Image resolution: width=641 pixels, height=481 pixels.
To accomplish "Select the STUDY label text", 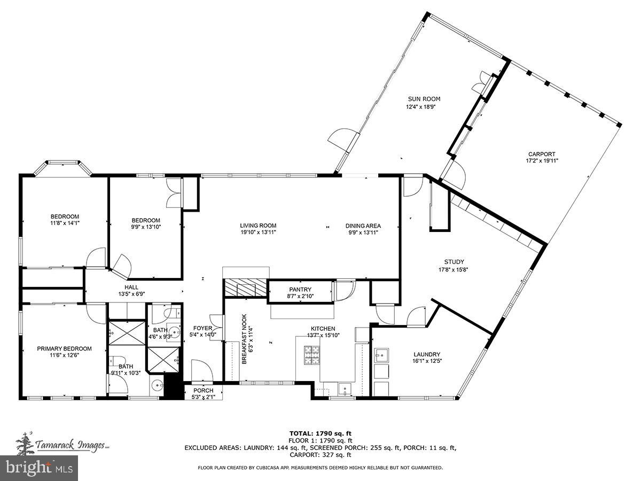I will click(x=454, y=262).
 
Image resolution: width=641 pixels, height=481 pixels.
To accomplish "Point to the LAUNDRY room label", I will click(x=427, y=354).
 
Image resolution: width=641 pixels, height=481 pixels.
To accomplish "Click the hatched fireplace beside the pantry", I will click(x=244, y=288).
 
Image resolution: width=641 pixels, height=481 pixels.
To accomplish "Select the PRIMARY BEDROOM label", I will click(x=64, y=348).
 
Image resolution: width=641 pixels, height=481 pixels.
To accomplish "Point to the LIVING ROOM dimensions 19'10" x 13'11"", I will click(x=258, y=232).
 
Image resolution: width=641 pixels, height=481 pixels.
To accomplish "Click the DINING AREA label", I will click(x=363, y=226).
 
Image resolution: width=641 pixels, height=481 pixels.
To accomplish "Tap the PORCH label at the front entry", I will click(x=203, y=391).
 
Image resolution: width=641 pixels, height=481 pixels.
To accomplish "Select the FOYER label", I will click(x=203, y=328).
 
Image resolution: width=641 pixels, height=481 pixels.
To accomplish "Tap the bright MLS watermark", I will click(x=39, y=468).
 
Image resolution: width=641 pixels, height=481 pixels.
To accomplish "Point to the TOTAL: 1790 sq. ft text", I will click(x=320, y=433).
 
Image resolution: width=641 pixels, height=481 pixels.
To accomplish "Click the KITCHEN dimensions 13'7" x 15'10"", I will click(x=323, y=336).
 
